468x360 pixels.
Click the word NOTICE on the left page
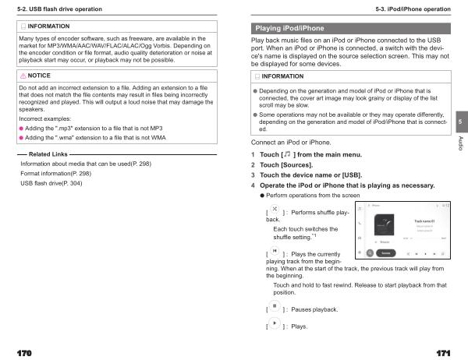39,76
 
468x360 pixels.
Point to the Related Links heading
48,155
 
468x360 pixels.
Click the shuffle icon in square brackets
275,210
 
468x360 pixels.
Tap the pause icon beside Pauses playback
275,307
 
